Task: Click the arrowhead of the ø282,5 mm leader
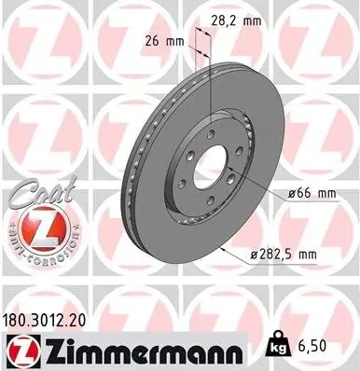[x=225, y=250]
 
